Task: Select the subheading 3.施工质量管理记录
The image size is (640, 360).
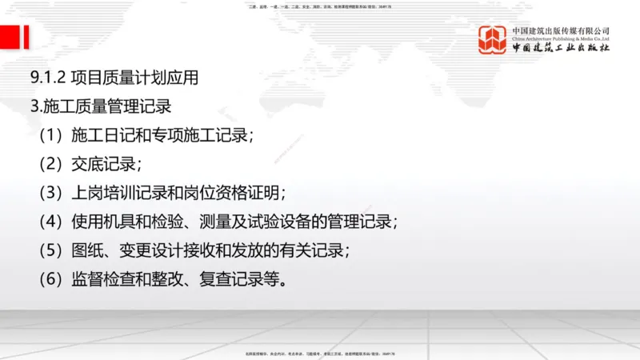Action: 99,106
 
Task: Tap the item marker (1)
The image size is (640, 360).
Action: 50,134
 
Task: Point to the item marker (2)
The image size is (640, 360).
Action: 50,164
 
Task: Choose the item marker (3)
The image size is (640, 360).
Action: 50,193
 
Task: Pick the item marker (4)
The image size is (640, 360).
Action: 50,222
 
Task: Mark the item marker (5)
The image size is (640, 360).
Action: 50,250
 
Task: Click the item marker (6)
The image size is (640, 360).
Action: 50,279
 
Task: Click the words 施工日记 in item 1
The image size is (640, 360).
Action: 99,134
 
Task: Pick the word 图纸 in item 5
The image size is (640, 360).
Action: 85,250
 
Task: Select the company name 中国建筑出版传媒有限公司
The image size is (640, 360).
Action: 561,31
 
